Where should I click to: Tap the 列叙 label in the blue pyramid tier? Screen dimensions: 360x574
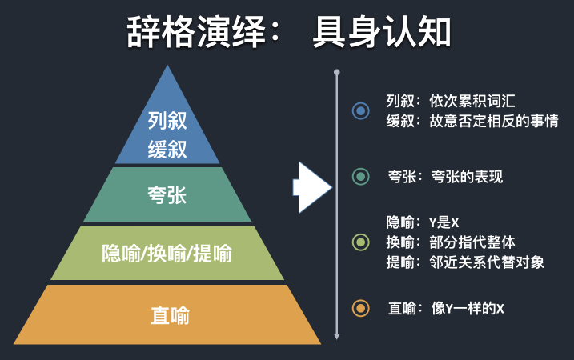[167, 121]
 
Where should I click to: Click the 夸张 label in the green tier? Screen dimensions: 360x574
[167, 194]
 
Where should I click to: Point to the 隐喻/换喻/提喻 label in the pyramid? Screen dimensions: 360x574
[167, 254]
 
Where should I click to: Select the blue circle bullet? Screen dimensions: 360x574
[361, 110]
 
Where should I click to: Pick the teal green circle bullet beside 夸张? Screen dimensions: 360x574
[361, 176]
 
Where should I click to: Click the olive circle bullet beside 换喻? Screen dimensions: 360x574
[361, 242]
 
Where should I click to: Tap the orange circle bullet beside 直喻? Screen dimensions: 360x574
[361, 307]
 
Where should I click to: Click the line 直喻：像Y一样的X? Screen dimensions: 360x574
[446, 307]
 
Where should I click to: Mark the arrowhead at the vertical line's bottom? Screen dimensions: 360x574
[337, 335]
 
